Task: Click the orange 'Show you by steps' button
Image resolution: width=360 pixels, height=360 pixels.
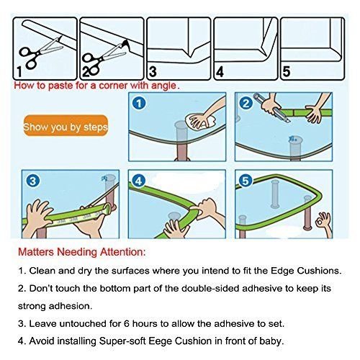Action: tap(66, 125)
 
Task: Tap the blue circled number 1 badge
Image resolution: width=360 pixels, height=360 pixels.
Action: tap(139, 104)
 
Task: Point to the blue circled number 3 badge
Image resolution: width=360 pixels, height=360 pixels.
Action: tap(32, 181)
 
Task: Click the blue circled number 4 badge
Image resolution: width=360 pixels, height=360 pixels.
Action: tap(139, 181)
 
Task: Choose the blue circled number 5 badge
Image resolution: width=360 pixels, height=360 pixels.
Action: tap(246, 181)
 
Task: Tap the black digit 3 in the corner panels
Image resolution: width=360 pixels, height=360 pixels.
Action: tap(153, 71)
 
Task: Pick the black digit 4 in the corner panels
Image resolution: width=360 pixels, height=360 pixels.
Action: tap(220, 71)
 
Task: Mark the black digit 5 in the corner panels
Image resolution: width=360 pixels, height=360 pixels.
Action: tap(287, 71)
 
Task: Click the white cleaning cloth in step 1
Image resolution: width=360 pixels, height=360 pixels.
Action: tap(200, 122)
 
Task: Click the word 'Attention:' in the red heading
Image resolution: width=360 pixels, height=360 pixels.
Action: tap(123, 252)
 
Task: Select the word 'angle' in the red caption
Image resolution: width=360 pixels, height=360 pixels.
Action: tap(163, 86)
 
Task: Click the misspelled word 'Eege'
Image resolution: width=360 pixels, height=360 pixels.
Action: tap(161, 341)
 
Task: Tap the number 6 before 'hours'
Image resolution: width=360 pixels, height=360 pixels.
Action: tap(127, 323)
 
